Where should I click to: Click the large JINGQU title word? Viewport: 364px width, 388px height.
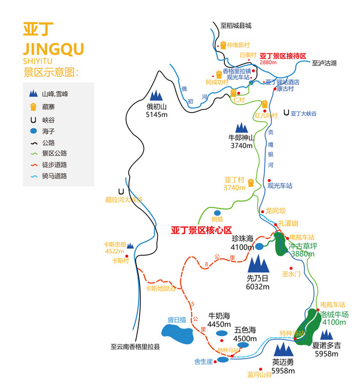coord(54,49)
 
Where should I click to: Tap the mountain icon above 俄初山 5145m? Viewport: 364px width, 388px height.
coord(156,95)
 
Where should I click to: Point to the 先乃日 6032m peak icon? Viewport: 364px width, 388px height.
coord(260,263)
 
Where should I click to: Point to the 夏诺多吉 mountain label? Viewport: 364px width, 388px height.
coord(327,346)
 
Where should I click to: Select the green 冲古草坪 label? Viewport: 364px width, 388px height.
coord(303,246)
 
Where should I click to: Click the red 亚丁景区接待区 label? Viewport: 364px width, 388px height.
coord(283,56)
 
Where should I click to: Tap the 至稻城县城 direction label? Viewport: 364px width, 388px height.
coord(236,25)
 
